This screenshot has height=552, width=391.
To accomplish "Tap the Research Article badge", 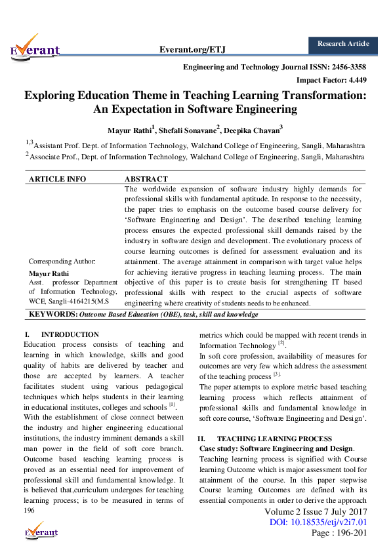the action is [x=343, y=44].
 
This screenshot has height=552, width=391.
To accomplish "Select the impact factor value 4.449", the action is [x=355, y=80].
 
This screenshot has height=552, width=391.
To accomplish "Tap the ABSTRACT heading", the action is [x=146, y=178].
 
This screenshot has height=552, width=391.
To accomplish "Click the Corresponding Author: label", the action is [x=62, y=261].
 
